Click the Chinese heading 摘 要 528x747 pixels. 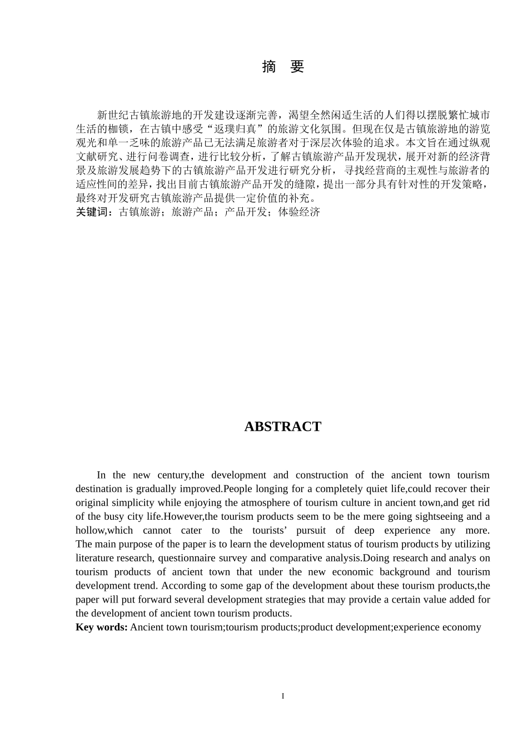point(283,67)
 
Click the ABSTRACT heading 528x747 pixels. point(282,427)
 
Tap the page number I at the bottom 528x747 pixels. point(283,696)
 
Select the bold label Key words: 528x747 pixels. point(102,628)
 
